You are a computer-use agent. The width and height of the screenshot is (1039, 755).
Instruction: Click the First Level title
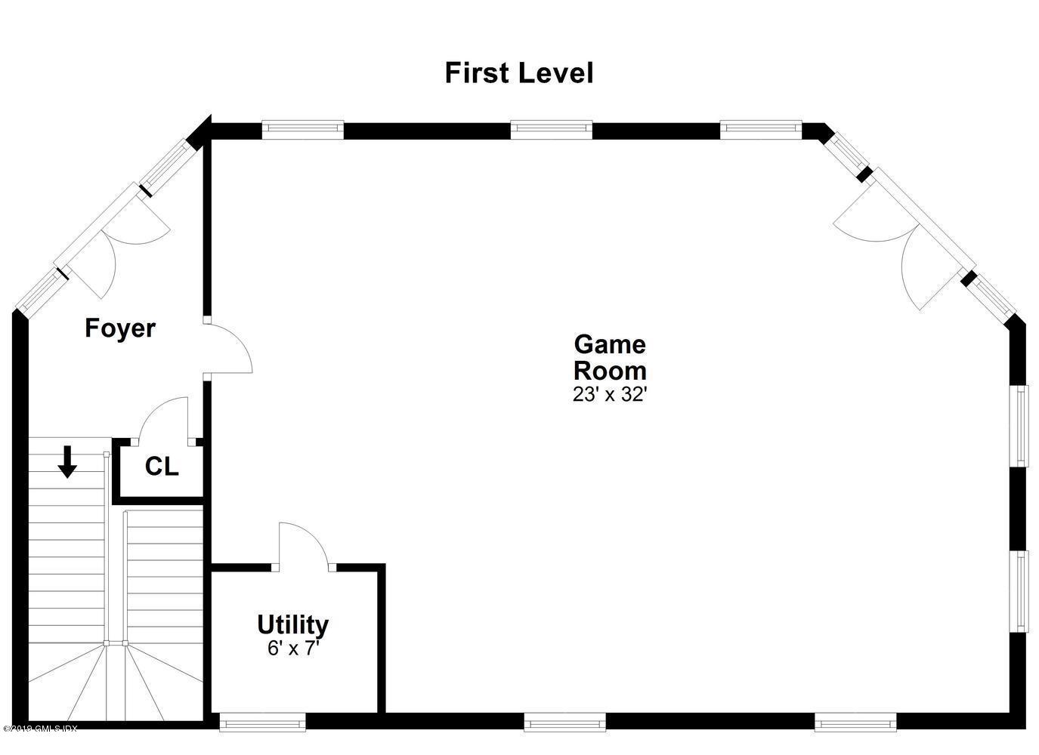click(x=519, y=73)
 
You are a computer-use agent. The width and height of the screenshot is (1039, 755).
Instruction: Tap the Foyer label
click(x=120, y=328)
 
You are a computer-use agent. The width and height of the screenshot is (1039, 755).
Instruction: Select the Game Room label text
click(x=610, y=357)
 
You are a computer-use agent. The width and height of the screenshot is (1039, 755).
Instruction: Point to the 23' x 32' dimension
click(x=610, y=394)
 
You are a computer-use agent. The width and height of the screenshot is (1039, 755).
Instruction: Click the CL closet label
click(x=162, y=467)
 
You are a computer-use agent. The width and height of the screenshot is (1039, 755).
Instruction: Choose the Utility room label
click(x=292, y=624)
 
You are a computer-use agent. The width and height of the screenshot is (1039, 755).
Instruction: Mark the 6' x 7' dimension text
click(x=293, y=648)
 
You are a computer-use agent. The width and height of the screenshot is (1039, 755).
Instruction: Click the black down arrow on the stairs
click(x=68, y=461)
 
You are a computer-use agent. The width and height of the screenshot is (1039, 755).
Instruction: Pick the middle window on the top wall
click(x=551, y=129)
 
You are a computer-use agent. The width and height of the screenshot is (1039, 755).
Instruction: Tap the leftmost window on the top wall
click(x=303, y=129)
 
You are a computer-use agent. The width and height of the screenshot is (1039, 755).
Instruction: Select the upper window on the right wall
click(x=1022, y=425)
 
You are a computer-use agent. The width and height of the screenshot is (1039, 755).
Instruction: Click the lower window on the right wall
click(x=1022, y=591)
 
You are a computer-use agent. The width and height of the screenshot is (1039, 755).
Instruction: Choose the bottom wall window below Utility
click(x=262, y=723)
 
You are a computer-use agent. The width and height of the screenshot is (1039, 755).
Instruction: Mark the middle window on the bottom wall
click(x=564, y=723)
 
